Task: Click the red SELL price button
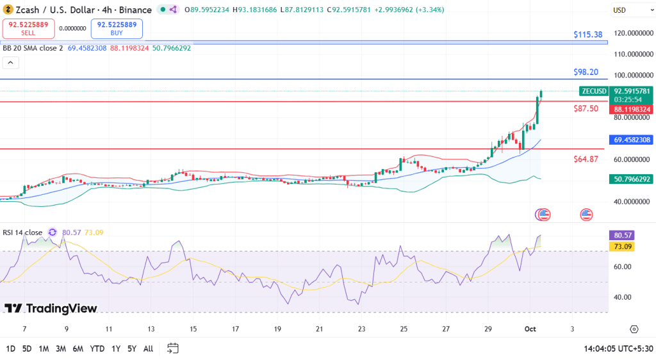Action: click(28, 28)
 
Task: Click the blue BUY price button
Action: click(117, 28)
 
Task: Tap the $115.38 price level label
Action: click(588, 35)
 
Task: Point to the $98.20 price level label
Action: click(586, 72)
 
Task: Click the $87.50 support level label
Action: click(586, 109)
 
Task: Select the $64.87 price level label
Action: click(586, 159)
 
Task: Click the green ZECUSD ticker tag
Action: click(593, 91)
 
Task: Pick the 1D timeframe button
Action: click(11, 348)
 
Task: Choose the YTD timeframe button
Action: click(97, 348)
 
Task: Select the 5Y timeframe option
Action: click(131, 348)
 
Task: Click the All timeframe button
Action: click(148, 348)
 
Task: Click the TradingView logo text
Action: click(51, 309)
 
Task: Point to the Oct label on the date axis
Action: click(530, 329)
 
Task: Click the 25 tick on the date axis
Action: click(404, 329)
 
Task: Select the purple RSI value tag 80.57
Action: click(623, 236)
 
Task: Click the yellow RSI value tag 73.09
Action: click(623, 247)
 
